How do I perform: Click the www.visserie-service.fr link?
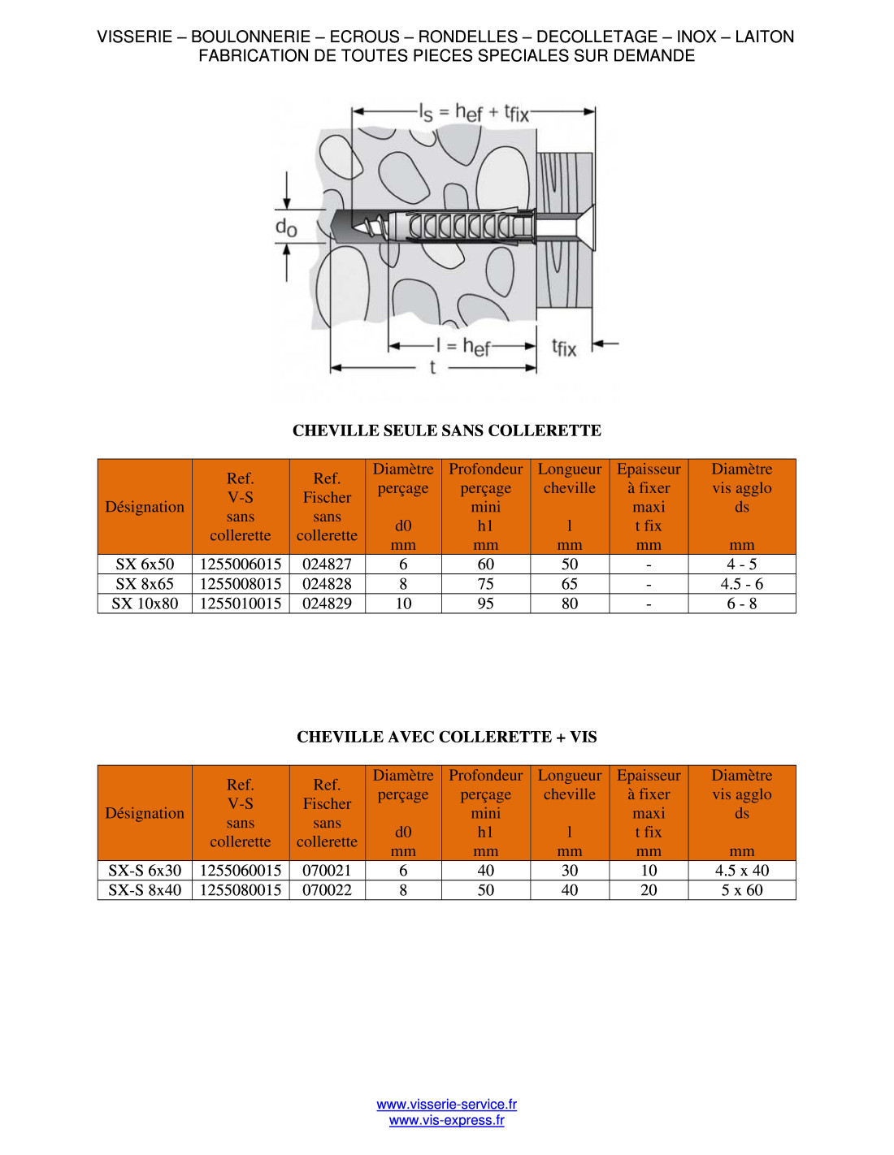click(446, 1104)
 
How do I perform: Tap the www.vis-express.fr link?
click(446, 1120)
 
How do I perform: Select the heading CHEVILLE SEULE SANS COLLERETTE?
click(446, 430)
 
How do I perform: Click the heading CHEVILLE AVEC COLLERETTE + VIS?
click(446, 737)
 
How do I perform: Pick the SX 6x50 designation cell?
click(145, 564)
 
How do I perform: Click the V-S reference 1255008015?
click(241, 583)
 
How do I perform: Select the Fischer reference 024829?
click(327, 603)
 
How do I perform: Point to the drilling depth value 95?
click(485, 603)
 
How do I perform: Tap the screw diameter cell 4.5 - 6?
click(741, 583)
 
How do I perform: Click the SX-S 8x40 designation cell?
click(145, 889)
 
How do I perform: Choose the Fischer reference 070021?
click(327, 870)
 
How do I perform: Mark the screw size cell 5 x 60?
click(741, 889)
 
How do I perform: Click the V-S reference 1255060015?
click(241, 870)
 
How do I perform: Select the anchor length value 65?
click(569, 583)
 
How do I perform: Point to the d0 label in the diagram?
click(286, 227)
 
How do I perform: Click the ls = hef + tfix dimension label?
click(474, 112)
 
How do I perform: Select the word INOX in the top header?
click(697, 37)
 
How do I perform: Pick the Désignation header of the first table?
click(145, 507)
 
